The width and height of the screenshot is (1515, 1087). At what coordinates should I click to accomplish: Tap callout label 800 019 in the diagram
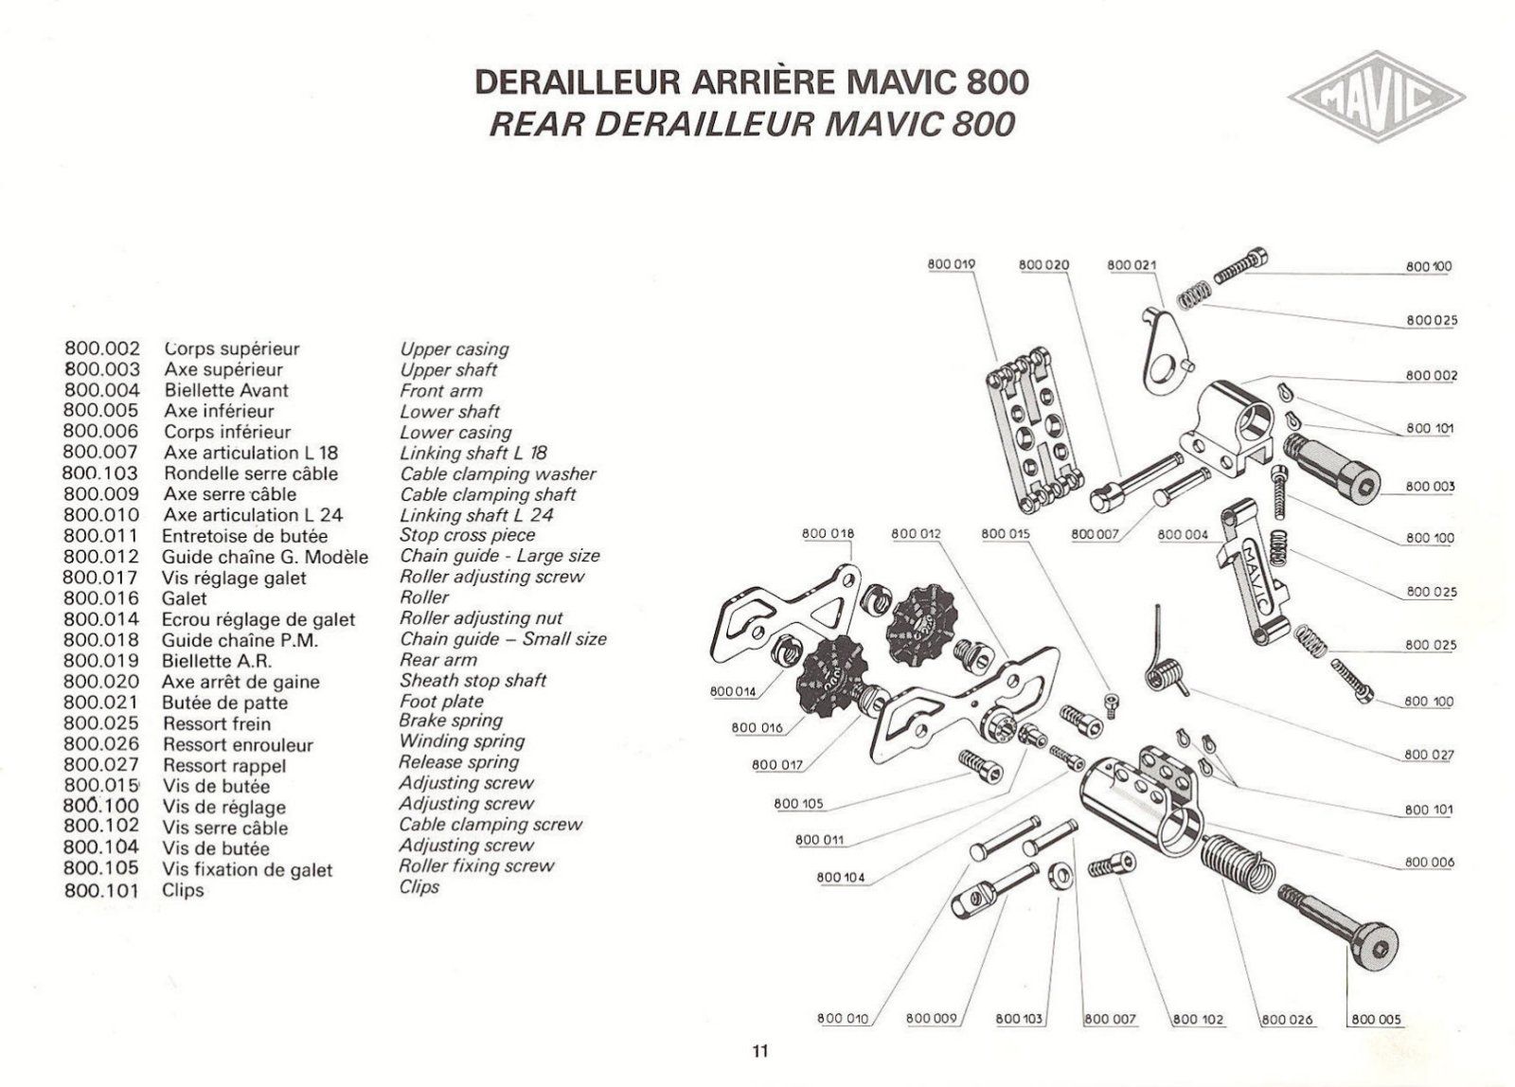(x=952, y=264)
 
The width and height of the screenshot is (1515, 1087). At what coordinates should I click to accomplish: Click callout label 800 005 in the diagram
(x=1375, y=1019)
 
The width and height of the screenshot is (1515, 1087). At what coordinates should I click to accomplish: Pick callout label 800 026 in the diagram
(x=1288, y=1019)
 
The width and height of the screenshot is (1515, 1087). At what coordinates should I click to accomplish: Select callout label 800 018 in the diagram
(x=828, y=534)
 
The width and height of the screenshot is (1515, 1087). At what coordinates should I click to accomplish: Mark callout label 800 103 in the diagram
(x=1019, y=1019)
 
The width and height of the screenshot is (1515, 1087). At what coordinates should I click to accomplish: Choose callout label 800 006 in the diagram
(x=1429, y=863)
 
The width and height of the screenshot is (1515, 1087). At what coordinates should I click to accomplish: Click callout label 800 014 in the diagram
(x=733, y=691)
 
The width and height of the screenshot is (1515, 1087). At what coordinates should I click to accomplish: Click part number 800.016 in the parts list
(x=101, y=598)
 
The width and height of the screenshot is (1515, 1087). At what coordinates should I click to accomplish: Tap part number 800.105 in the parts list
(x=101, y=868)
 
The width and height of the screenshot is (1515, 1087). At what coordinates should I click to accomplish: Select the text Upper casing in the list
(x=454, y=349)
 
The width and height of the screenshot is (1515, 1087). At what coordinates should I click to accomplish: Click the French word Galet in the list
(x=185, y=598)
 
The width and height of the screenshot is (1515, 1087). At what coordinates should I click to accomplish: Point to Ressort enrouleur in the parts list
(x=238, y=744)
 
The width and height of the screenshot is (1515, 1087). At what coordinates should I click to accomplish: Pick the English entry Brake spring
(x=450, y=720)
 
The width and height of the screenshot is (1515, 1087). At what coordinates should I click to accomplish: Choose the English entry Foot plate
(x=441, y=702)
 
